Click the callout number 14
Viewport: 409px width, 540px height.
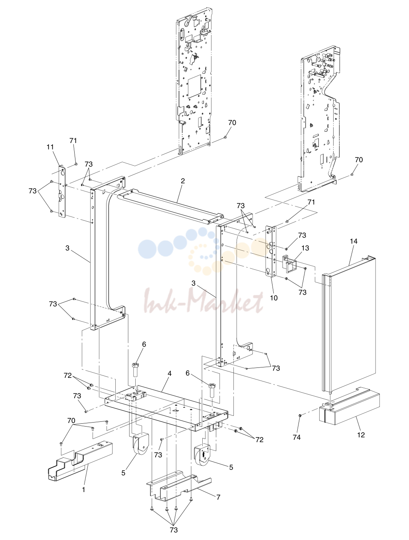tap(353, 241)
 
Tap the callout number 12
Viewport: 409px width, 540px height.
tap(361, 435)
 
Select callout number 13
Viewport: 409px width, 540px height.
tap(305, 248)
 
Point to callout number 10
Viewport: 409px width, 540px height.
tap(274, 298)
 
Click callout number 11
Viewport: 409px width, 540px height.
tap(50, 147)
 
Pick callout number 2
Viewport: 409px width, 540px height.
tap(183, 181)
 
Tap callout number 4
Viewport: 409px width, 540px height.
tap(169, 373)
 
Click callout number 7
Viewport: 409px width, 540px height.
tap(218, 497)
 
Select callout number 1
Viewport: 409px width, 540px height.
tap(83, 490)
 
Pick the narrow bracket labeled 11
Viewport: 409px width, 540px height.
tap(62, 191)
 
